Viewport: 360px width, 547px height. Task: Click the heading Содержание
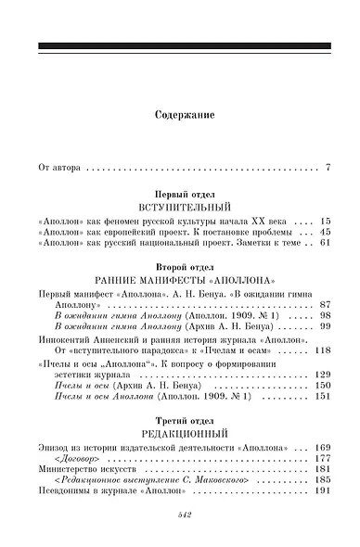tap(179, 117)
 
